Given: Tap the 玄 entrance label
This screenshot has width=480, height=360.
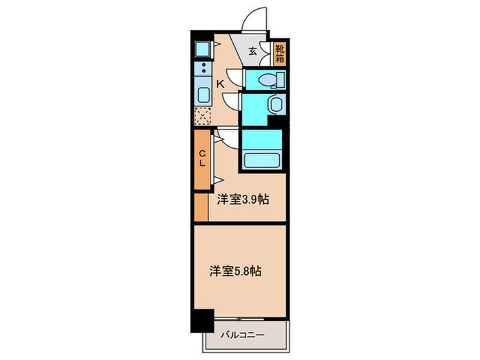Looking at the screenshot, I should point(252,50).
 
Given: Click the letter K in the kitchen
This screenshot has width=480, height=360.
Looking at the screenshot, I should point(220,84).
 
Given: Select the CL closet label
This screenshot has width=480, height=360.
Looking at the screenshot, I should point(203,158).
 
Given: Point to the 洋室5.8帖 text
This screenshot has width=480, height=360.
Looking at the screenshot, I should point(236,270).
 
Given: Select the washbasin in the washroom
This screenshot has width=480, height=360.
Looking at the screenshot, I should point(274,106).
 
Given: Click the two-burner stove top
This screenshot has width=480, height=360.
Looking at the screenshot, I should point(203,69).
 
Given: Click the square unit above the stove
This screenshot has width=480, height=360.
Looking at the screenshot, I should point(203,49).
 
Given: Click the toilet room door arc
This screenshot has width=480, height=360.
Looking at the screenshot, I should point(235,77).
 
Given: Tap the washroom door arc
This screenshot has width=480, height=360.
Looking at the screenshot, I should point(232,104).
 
